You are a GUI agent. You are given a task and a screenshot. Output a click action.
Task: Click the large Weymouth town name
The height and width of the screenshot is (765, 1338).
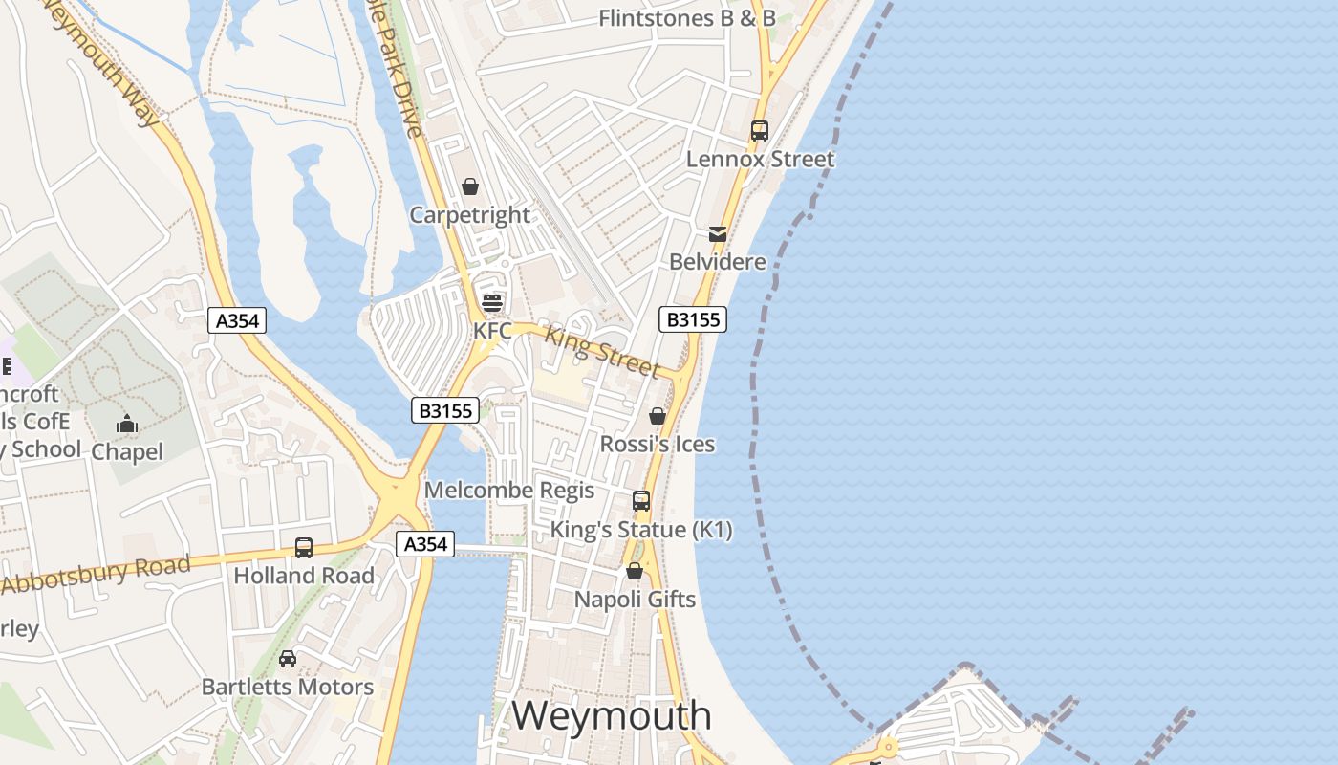(612, 715)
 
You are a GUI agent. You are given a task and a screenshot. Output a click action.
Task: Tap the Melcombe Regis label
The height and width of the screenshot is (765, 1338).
(509, 491)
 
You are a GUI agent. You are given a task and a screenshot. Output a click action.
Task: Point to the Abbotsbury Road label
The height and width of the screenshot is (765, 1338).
(96, 574)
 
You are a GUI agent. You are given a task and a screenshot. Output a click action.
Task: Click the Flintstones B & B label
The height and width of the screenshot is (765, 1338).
(686, 18)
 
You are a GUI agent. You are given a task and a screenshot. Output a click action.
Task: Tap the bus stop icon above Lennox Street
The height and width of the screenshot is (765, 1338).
(760, 131)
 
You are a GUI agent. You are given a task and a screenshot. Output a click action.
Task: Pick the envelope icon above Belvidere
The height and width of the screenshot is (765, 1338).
(718, 233)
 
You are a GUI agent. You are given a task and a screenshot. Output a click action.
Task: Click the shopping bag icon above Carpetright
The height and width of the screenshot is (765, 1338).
(470, 186)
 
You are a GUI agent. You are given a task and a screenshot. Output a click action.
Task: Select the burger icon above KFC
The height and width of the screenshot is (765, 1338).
(492, 303)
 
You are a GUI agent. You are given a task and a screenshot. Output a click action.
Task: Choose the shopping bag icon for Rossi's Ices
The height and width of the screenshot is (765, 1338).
(658, 416)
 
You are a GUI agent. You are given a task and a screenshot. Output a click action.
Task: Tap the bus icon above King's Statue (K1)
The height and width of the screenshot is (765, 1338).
(641, 501)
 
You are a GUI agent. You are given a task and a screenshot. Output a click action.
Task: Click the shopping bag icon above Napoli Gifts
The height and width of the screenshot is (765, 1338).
(635, 571)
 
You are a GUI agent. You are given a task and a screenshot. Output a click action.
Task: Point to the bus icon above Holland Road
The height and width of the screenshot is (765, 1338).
(304, 548)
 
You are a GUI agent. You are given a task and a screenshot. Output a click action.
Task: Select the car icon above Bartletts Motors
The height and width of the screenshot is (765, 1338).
(288, 659)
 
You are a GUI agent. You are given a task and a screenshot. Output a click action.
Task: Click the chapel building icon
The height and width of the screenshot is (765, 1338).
(127, 424)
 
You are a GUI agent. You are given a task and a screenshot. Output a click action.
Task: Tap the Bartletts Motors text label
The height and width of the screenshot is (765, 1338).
(288, 687)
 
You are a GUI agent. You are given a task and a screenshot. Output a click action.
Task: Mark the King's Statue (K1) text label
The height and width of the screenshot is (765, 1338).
(641, 530)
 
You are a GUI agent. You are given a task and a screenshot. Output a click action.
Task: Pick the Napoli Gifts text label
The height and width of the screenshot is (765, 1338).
(635, 600)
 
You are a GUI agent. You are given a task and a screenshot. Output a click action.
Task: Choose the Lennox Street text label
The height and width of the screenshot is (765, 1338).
(760, 159)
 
